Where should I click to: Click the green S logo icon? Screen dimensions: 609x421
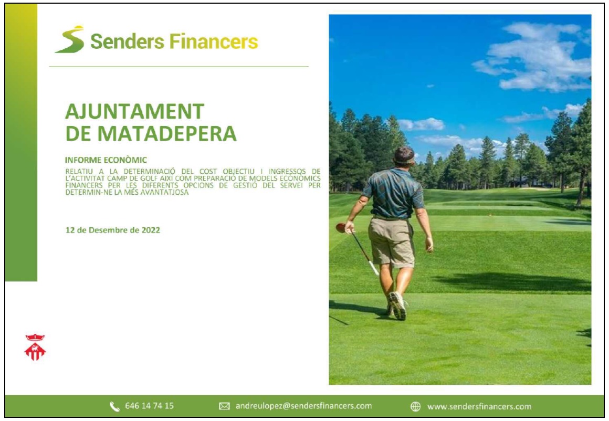(x=70, y=39)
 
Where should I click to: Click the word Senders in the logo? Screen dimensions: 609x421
(x=128, y=41)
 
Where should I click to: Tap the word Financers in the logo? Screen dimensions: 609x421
(x=214, y=41)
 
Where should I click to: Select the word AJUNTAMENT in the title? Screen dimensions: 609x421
(x=135, y=112)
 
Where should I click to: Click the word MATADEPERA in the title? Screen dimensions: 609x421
(x=166, y=134)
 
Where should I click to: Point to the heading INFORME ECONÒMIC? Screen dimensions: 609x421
(x=106, y=160)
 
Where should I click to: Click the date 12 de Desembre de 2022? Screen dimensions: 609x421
(x=113, y=230)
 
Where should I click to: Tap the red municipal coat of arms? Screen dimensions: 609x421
(x=35, y=347)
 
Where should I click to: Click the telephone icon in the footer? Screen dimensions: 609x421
(x=114, y=407)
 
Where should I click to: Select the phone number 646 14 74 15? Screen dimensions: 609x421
(x=149, y=406)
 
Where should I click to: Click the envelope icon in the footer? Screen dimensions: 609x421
(x=224, y=406)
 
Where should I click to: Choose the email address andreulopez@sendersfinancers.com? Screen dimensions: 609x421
(x=303, y=406)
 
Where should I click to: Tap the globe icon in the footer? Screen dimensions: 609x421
(x=416, y=407)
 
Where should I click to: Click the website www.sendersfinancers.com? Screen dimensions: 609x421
(x=479, y=407)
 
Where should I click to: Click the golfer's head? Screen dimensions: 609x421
(x=404, y=156)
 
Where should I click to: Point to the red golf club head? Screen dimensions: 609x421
(x=341, y=228)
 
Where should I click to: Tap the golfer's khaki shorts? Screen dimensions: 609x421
(x=391, y=242)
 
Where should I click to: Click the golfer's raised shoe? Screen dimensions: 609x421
(x=398, y=306)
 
